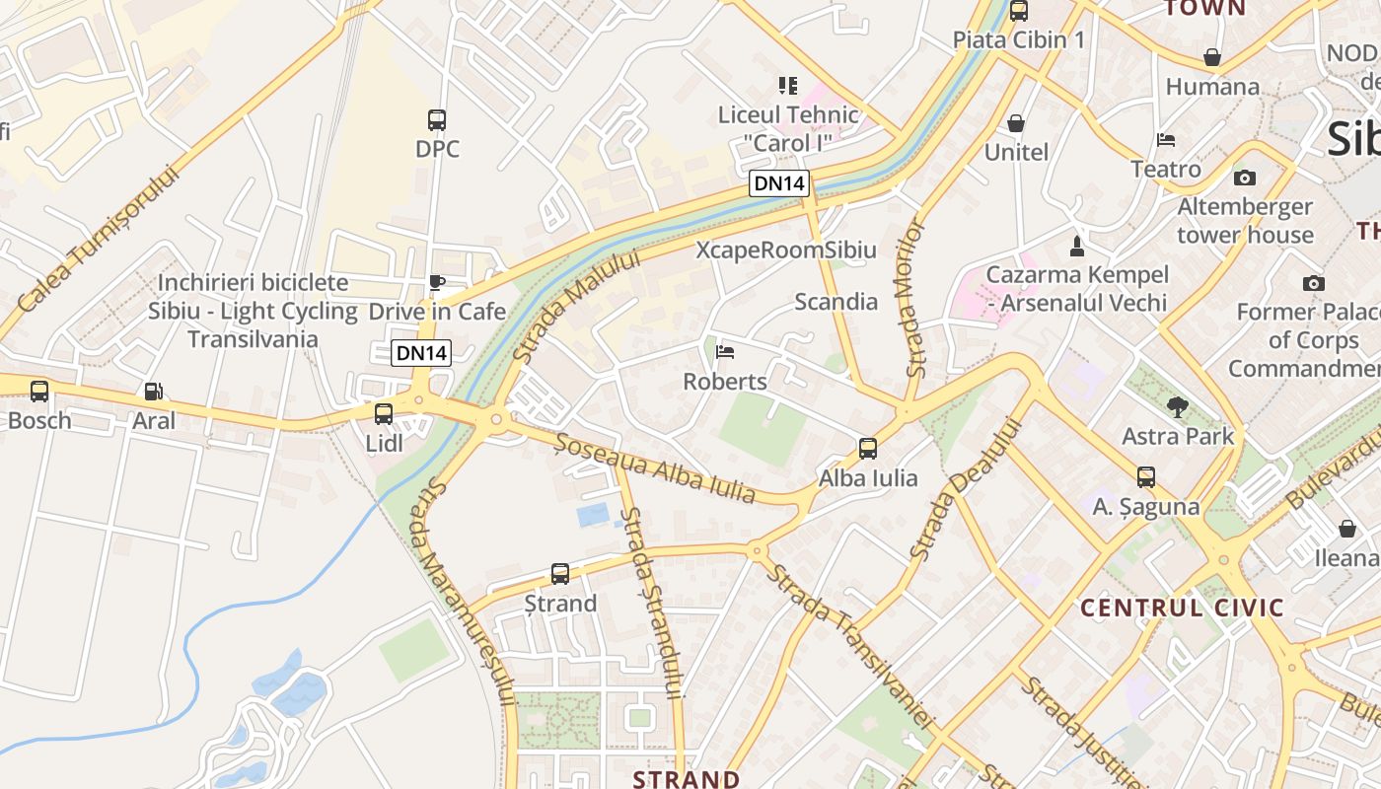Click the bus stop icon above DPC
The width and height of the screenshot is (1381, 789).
point(437,120)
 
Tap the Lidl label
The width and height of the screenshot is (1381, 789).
point(385,443)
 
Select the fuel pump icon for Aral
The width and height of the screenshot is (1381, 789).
point(153,392)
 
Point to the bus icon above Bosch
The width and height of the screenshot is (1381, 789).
point(39,392)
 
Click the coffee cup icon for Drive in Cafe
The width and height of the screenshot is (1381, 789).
point(436,283)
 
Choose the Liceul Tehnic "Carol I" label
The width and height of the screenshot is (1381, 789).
point(788,128)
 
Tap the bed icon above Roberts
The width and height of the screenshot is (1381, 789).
point(725,352)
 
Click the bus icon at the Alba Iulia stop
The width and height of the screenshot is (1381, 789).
point(868,449)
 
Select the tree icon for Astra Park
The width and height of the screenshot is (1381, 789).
point(1177,406)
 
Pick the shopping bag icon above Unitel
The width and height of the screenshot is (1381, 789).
point(1016,123)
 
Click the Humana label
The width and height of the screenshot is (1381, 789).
point(1212,87)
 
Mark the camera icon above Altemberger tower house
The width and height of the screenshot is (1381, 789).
point(1245,178)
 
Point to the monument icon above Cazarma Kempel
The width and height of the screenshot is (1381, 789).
point(1077,246)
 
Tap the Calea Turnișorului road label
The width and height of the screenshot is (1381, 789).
point(99,240)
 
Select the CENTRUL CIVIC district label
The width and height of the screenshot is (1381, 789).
point(1182,607)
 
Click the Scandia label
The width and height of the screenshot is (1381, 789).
point(836,302)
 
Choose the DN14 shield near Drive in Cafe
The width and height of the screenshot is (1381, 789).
point(421,353)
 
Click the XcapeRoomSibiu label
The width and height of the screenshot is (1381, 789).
point(786,250)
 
